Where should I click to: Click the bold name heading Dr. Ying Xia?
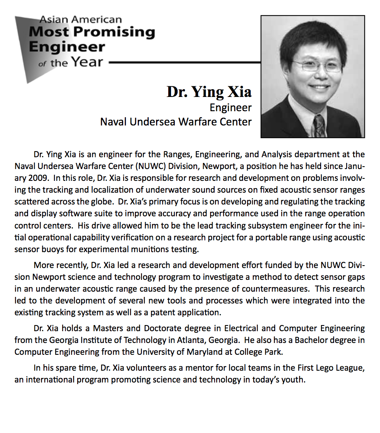pyautogui.click(x=209, y=92)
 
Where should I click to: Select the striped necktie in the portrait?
pyautogui.click(x=319, y=125)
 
